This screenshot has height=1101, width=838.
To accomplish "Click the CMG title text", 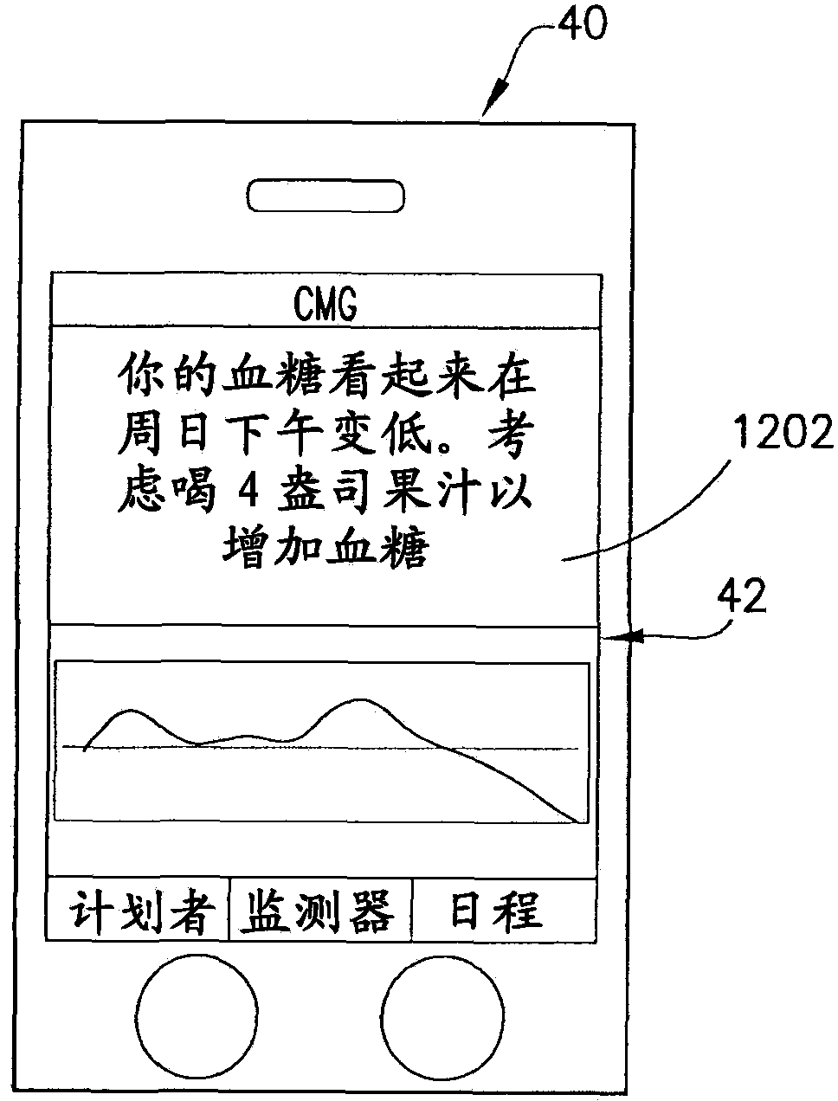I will tap(325, 306).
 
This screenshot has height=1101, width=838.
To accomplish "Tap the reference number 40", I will tap(582, 23).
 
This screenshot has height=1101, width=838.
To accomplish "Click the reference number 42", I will tap(741, 597).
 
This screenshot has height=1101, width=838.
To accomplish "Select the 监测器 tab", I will tap(319, 911).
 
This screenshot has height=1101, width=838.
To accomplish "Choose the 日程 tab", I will tap(497, 911).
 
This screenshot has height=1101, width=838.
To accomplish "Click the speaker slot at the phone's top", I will tap(326, 196).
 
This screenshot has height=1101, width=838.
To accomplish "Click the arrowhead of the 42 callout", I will tap(613, 639).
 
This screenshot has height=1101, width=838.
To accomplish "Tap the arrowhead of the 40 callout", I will tap(491, 105).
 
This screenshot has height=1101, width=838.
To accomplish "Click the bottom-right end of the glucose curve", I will tap(577, 820).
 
